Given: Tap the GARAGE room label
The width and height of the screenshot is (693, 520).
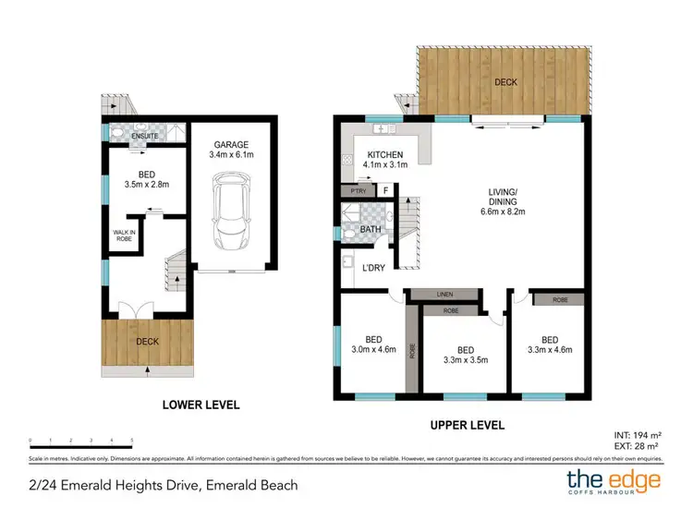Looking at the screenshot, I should pyautogui.click(x=232, y=145).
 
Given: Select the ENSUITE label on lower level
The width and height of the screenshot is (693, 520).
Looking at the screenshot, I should pyautogui.click(x=146, y=137).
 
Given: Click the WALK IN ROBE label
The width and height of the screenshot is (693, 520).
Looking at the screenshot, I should pyautogui.click(x=124, y=236).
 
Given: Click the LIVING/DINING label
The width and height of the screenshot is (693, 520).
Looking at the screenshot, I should pyautogui.click(x=508, y=198).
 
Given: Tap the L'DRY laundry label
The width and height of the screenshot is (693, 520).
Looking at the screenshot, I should pyautogui.click(x=375, y=268).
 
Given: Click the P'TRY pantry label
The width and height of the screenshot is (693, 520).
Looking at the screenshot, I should pyautogui.click(x=353, y=191).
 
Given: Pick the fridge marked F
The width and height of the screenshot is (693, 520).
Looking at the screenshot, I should pyautogui.click(x=385, y=191).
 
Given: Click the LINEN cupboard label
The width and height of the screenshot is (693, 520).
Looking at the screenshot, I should pyautogui.click(x=444, y=294).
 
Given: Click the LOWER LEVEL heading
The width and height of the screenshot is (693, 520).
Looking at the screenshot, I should pyautogui.click(x=201, y=405).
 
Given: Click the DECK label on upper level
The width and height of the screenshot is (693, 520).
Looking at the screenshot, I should pyautogui.click(x=505, y=81).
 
